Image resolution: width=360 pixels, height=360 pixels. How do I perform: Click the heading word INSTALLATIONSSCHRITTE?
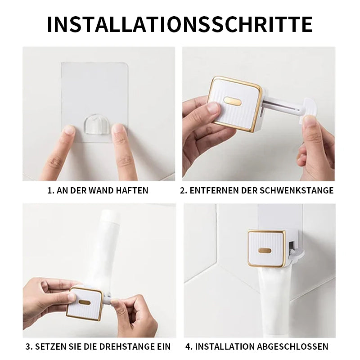[180, 24]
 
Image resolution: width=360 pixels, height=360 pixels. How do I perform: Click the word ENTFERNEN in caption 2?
[213, 190]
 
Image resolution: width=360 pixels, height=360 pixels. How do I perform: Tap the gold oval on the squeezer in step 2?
[232, 101]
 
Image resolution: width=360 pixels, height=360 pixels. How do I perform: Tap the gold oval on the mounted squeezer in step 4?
[265, 251]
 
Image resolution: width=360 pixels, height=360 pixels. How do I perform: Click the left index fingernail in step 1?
[69, 130]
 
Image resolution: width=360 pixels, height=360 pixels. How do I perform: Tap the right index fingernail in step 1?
[118, 129]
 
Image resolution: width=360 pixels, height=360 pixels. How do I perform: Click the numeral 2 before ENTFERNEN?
[182, 190]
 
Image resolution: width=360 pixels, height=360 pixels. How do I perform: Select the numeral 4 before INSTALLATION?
[188, 346]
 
